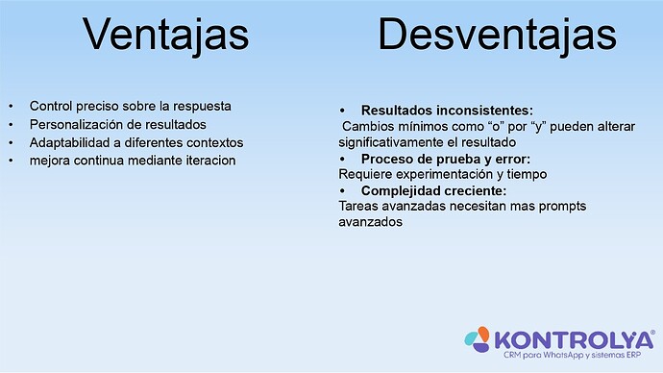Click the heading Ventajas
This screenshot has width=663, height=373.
[x=165, y=36]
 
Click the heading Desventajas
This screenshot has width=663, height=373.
[x=496, y=36]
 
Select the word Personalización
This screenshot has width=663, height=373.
[x=77, y=124]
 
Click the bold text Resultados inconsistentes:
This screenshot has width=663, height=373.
[x=446, y=111]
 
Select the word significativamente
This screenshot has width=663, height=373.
[x=394, y=142]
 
